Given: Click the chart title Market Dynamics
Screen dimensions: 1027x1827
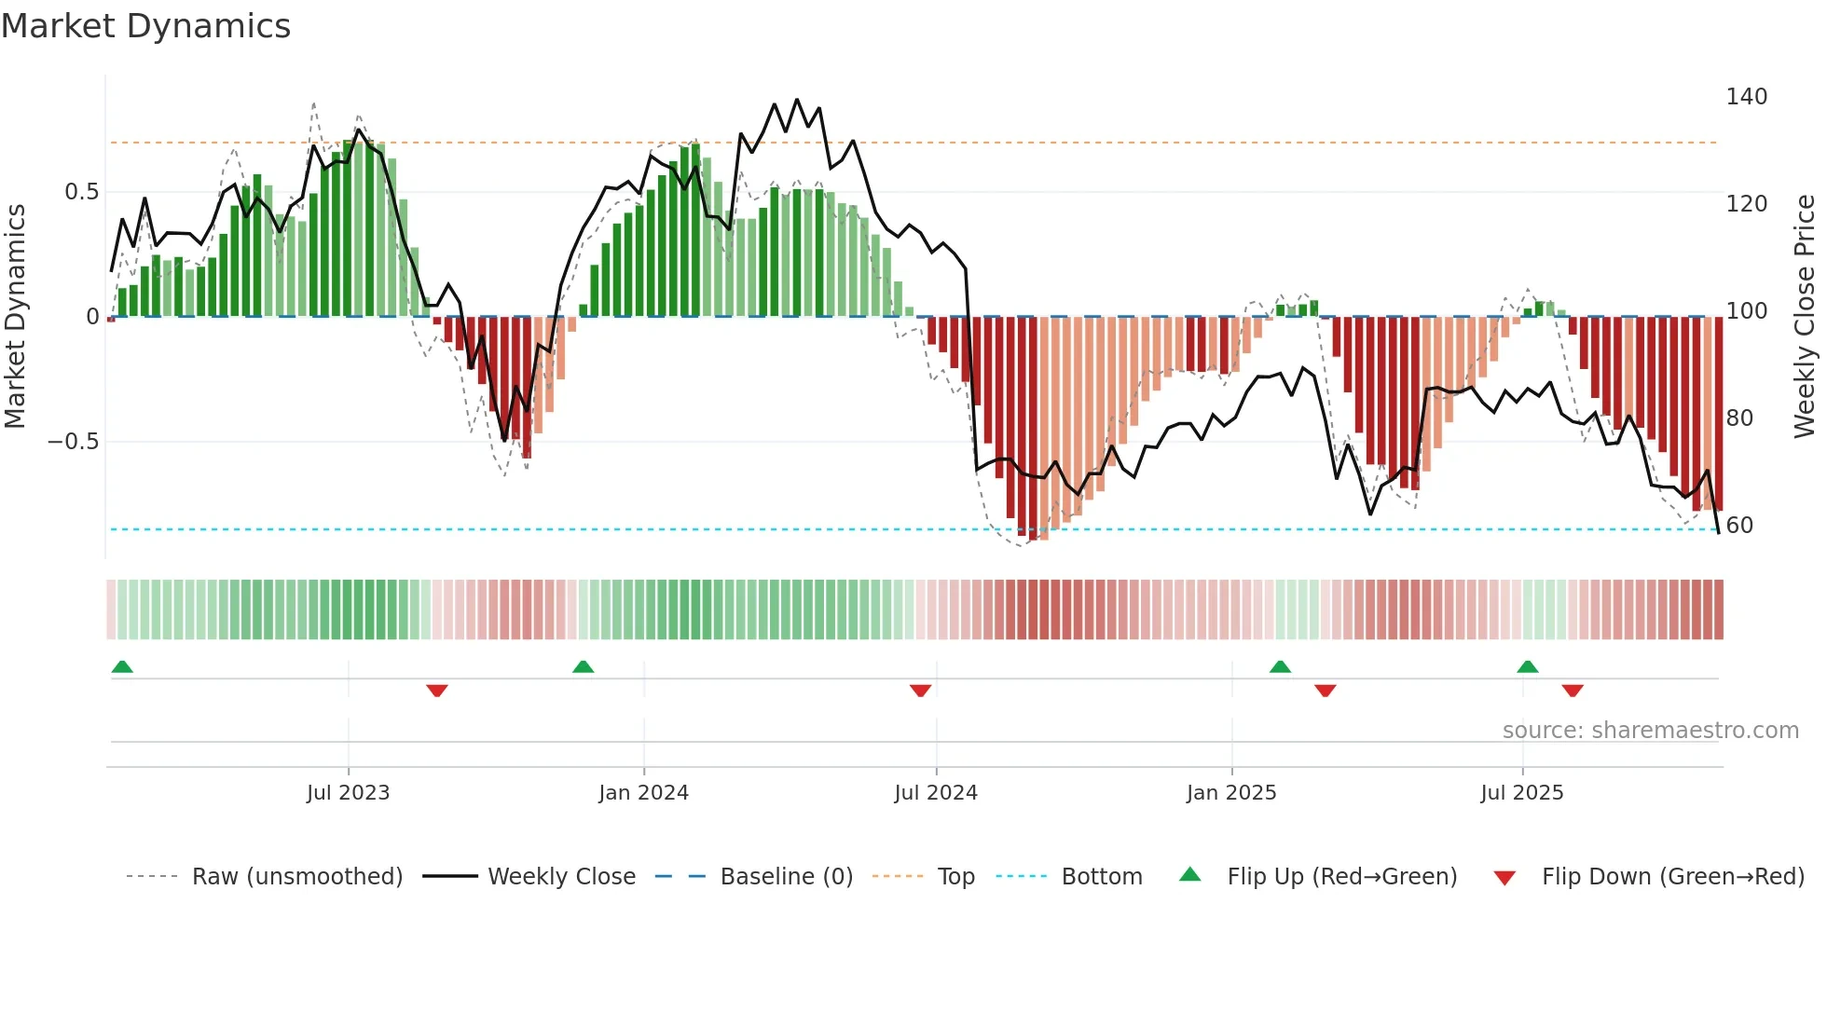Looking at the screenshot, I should point(145,26).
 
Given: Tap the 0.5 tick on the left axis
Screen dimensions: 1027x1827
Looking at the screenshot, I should point(81,192).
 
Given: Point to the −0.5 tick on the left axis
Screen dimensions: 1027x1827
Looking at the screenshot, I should point(74,442).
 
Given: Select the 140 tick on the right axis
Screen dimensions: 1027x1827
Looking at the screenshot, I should point(1746,97).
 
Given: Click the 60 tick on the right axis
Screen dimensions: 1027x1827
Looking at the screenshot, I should point(1739,526).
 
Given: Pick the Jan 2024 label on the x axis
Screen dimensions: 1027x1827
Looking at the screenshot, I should point(643,793).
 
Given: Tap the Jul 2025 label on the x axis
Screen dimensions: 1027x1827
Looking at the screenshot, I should point(1521,793).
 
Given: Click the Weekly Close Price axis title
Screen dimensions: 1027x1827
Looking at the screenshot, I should point(1805,317).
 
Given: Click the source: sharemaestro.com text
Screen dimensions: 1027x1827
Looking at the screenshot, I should point(1650,731).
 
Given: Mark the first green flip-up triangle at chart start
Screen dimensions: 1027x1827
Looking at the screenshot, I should point(122,666).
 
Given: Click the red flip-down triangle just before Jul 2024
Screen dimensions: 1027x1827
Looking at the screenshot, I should point(920,691).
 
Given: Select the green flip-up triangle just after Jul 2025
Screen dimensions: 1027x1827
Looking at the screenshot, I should point(1527,666).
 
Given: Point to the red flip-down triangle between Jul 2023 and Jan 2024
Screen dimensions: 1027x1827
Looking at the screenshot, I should point(437,691).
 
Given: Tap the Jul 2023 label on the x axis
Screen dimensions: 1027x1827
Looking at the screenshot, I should point(348,793).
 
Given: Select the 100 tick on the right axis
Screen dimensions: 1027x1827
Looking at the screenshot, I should point(1746,311).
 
